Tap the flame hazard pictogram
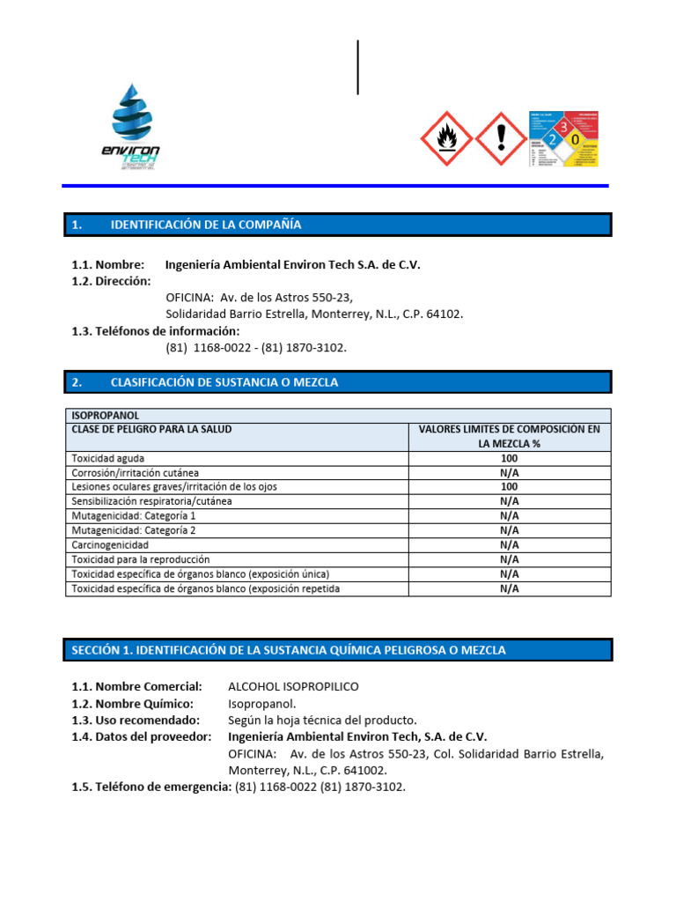(x=447, y=138)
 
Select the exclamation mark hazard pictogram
(x=501, y=138)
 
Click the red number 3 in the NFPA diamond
(x=564, y=129)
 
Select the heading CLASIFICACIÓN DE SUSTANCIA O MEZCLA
(x=224, y=382)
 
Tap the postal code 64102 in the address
(x=444, y=314)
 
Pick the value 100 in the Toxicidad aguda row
(x=509, y=458)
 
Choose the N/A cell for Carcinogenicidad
(x=509, y=545)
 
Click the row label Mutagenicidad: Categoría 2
(x=134, y=530)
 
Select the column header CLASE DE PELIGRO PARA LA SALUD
(x=151, y=429)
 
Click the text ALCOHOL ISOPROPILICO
(x=293, y=686)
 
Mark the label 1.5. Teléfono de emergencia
(x=151, y=787)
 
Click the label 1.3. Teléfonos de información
(x=155, y=331)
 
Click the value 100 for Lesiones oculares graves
(x=509, y=487)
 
